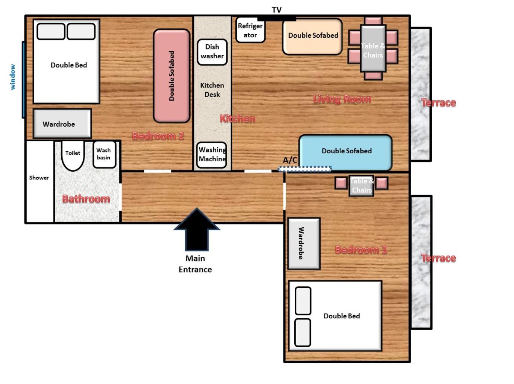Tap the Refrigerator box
250,30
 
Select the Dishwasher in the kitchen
212,52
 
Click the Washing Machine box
211,155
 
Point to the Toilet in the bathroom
73,156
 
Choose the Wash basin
104,154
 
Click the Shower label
39,178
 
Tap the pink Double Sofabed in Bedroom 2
171,76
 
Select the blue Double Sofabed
345,153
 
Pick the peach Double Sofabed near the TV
312,36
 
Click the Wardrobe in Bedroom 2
62,123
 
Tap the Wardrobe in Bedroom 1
304,243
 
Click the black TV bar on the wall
277,19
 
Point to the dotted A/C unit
305,169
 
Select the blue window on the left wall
23,80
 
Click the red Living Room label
342,99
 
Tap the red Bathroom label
86,199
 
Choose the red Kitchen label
238,119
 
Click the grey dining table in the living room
373,48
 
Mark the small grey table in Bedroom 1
361,186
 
